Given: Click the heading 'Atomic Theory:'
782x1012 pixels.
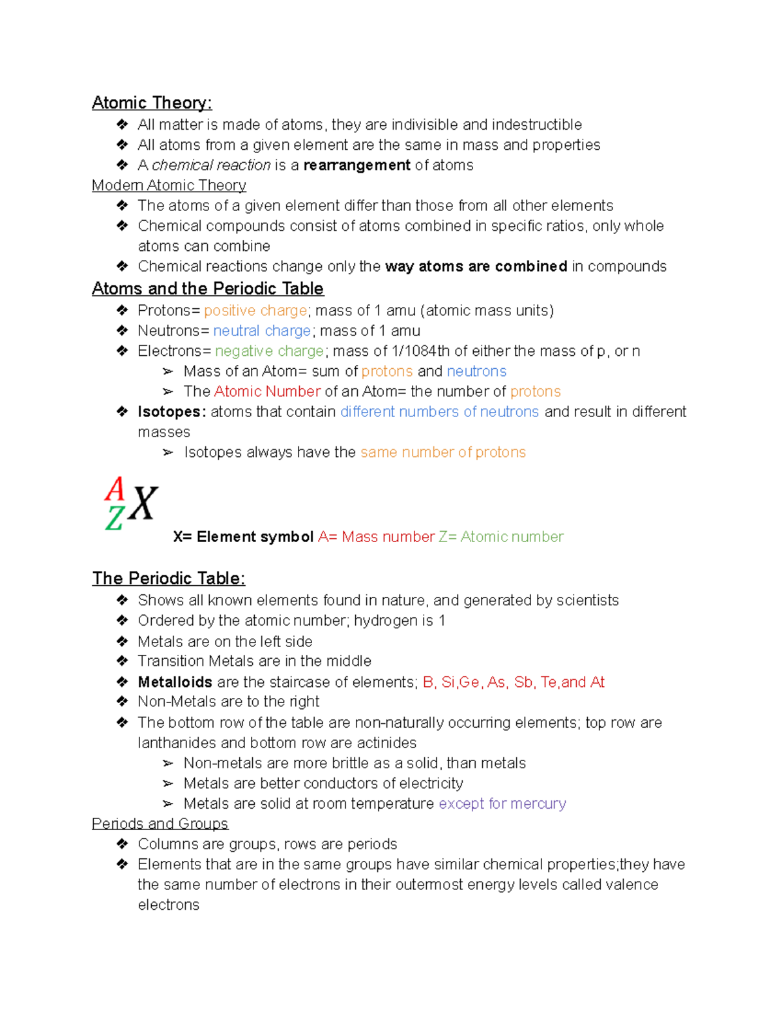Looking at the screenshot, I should coord(151,103).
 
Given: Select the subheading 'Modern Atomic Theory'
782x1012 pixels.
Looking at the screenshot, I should coord(169,186).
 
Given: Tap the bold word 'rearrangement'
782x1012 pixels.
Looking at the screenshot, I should coord(356,166).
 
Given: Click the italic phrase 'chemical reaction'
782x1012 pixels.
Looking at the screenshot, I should coord(211,166).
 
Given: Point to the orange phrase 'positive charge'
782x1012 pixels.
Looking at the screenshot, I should coord(255,311).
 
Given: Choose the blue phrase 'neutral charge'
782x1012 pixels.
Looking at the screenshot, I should coord(262,331).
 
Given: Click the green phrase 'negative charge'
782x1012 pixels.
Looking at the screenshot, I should coord(269,351).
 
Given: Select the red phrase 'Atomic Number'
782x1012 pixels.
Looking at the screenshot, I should coord(267,392).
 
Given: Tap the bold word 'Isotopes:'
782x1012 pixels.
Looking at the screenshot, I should coord(171,412).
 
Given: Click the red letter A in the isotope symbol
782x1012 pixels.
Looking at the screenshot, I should coord(115,489).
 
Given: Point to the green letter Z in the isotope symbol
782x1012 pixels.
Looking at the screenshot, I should coord(114,519).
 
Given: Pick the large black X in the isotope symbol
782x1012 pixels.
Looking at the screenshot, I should coord(143,504).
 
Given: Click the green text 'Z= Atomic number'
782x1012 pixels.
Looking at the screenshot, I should coord(500,537).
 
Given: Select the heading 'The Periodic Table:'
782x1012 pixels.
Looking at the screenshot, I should coord(168,579).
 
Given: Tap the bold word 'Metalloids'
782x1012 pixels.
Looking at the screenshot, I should coord(175,682).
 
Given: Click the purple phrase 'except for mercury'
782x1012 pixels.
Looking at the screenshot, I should coord(502,804).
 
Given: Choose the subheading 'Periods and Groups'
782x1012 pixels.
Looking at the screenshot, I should coord(160,824).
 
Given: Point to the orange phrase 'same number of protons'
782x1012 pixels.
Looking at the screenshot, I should coord(442,453).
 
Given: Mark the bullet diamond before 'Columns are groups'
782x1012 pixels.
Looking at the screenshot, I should coord(123,845).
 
